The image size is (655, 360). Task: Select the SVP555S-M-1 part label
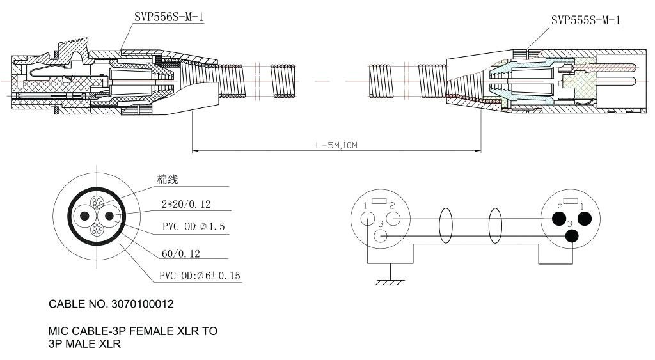pyautogui.click(x=585, y=20)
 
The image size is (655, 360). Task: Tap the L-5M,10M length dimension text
pyautogui.click(x=336, y=145)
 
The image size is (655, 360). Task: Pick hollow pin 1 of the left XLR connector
pyautogui.click(x=367, y=218)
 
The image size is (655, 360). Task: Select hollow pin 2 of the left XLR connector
pyautogui.click(x=393, y=219)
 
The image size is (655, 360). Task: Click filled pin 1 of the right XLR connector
pyautogui.click(x=585, y=219)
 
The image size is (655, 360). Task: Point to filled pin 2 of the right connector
pyautogui.click(x=558, y=219)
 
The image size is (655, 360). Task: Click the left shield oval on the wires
pyautogui.click(x=446, y=226)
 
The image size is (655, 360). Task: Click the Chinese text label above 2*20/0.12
pyautogui.click(x=168, y=180)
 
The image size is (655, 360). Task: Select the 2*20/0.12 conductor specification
pyautogui.click(x=185, y=205)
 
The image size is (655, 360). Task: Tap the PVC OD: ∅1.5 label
pyautogui.click(x=193, y=227)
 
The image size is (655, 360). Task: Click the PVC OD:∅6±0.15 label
pyautogui.click(x=200, y=276)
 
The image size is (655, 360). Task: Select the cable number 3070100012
pyautogui.click(x=111, y=304)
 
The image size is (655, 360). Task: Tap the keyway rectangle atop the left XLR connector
pyautogui.click(x=379, y=201)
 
